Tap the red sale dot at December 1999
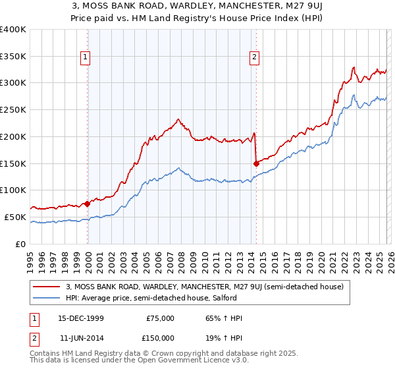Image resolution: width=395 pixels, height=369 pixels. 87,204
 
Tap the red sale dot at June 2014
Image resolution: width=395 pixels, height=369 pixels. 255,163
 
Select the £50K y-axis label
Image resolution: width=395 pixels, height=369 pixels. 15,217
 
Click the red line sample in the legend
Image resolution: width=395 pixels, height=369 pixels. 47,287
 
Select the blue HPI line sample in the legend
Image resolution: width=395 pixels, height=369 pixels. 47,298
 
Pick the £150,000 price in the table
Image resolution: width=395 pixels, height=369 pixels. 160,338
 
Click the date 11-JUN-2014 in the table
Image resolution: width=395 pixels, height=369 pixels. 80,338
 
